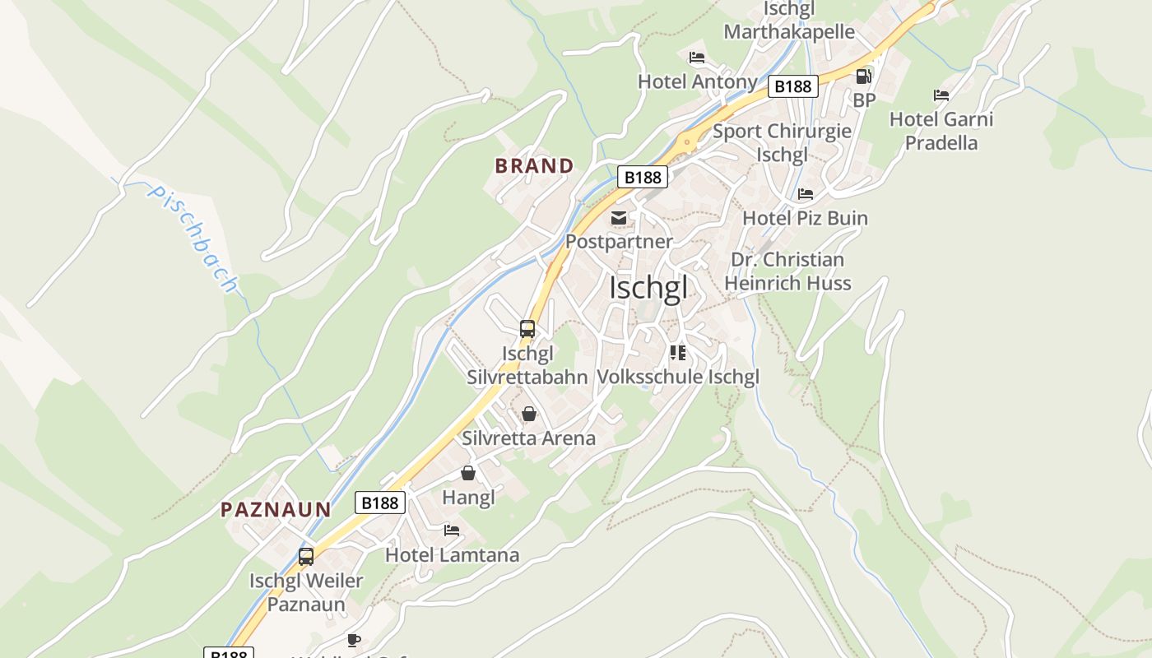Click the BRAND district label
[534, 165]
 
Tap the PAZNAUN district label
[276, 510]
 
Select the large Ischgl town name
[648, 289]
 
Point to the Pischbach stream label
[193, 239]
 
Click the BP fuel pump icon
[863, 76]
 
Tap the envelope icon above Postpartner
[618, 218]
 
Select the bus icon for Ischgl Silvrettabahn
[527, 329]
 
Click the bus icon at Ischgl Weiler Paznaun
[306, 557]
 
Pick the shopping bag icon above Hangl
[468, 473]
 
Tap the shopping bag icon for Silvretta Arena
[529, 414]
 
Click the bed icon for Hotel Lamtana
[452, 531]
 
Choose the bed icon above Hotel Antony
[697, 58]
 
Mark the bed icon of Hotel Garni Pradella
[941, 95]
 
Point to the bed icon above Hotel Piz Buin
[806, 194]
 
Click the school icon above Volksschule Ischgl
[678, 353]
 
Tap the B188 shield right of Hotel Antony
[793, 86]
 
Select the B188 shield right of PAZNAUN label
[380, 503]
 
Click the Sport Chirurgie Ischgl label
[782, 143]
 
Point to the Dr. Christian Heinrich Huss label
[787, 271]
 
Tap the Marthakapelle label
[789, 32]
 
